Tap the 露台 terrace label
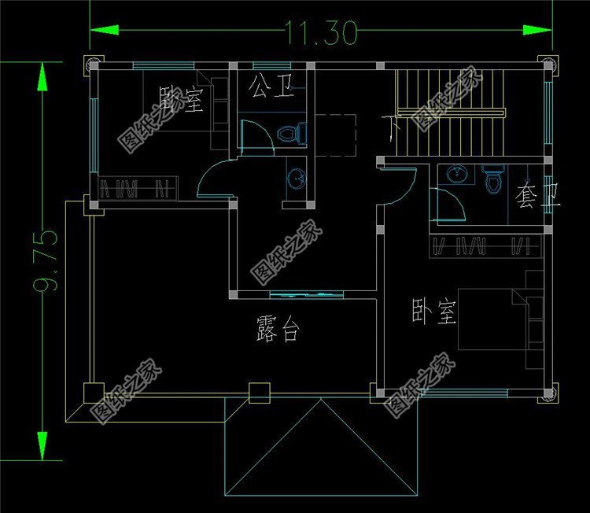pyautogui.click(x=278, y=330)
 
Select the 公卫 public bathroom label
pyautogui.click(x=272, y=86)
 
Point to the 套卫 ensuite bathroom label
pyautogui.click(x=537, y=194)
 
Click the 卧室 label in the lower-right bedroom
pyautogui.click(x=433, y=312)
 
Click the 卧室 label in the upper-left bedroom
pyautogui.click(x=181, y=99)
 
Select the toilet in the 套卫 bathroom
pyautogui.click(x=493, y=179)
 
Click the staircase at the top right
pyautogui.click(x=449, y=111)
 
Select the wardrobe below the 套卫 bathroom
pyautogui.click(x=485, y=245)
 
